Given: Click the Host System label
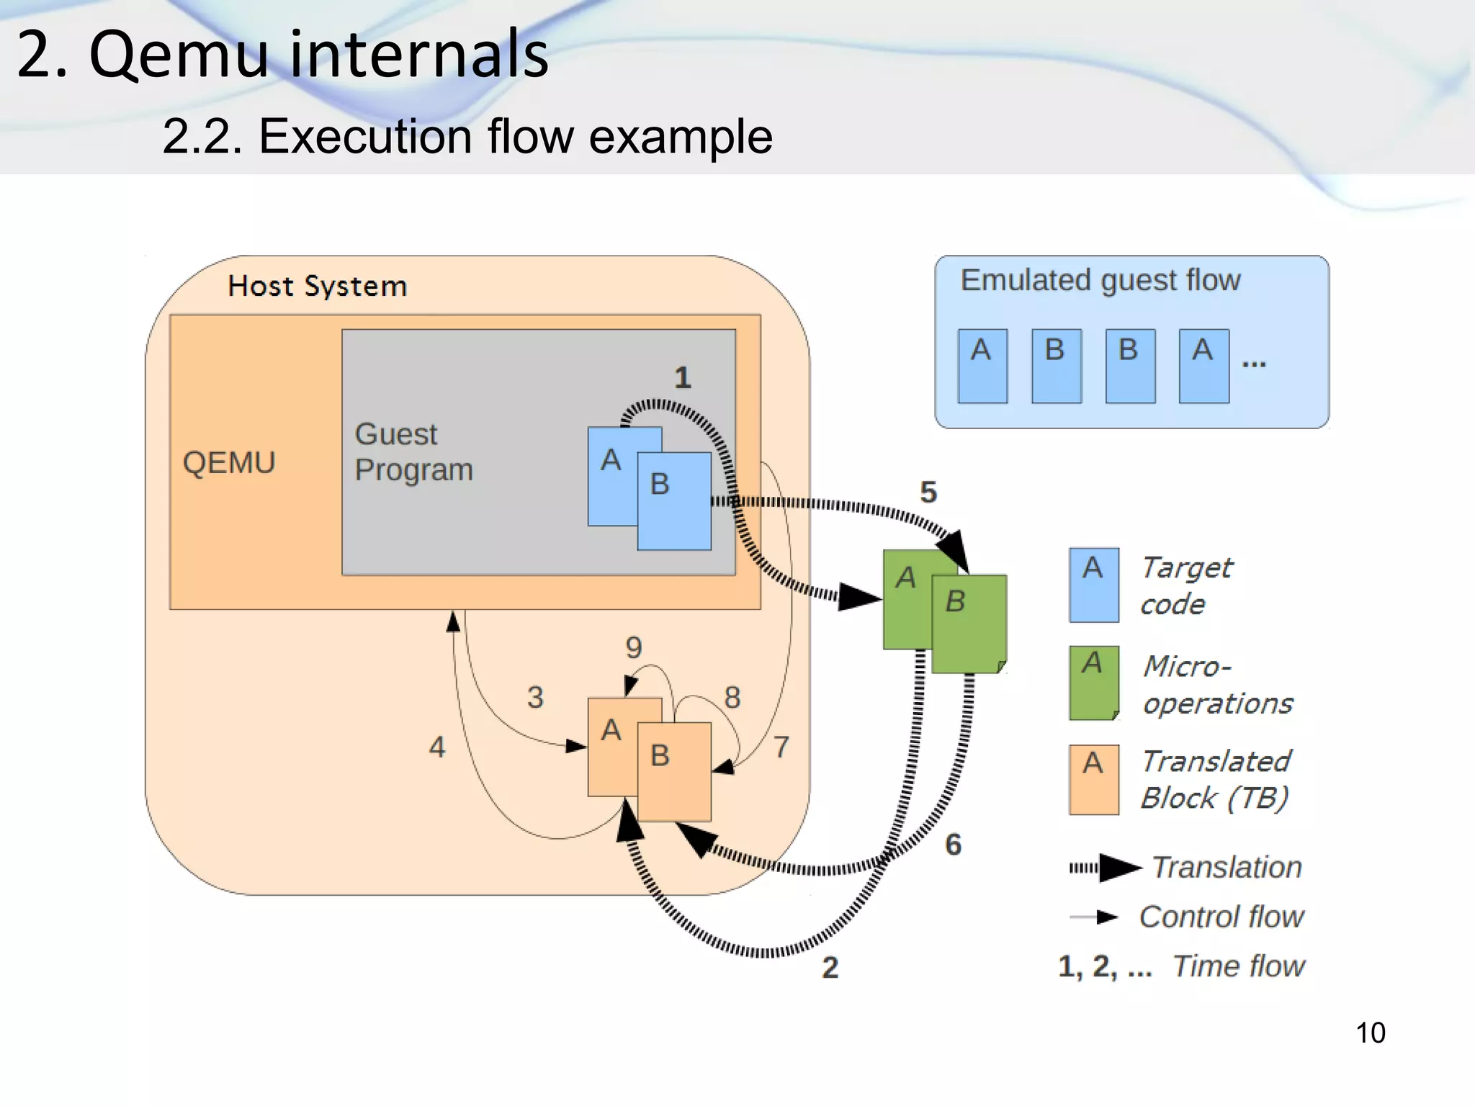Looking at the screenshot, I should point(317,286).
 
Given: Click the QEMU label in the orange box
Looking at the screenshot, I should point(229,462).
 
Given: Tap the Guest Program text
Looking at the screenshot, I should point(413,452).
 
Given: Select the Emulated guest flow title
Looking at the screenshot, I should point(1100,279).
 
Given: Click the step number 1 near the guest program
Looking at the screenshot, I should point(682,377).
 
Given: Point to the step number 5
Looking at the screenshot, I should point(928,492).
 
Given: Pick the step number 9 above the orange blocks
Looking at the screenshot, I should point(633,647).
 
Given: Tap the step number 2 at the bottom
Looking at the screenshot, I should point(830,967).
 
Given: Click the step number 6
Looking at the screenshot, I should point(953,844).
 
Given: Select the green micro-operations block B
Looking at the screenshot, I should point(969,624).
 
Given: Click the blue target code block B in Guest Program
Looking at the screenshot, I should point(674,501).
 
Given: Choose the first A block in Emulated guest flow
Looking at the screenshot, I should point(982,366).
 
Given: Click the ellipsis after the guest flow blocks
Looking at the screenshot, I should point(1253,364).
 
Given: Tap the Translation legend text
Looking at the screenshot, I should point(1227,867).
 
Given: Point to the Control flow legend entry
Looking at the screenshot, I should point(1221,917).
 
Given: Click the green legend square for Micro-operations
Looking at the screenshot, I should point(1093,683).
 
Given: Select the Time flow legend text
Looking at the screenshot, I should point(1238,966).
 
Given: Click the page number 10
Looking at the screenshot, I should point(1370,1033).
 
